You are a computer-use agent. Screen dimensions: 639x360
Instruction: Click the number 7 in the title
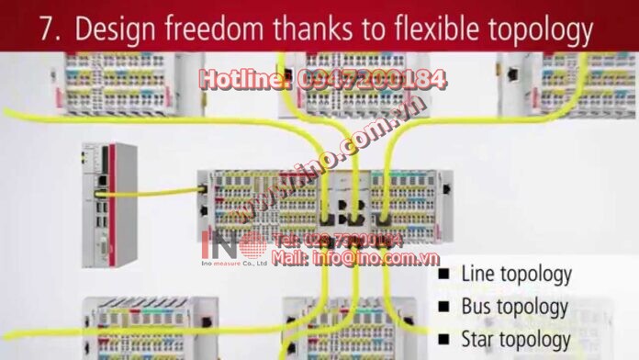(49, 30)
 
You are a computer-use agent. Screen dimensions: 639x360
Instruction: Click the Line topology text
(517, 274)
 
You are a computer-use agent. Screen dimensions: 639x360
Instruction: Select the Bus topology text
(515, 307)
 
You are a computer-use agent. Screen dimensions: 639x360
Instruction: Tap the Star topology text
(516, 340)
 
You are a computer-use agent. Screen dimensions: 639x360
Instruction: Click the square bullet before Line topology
(444, 274)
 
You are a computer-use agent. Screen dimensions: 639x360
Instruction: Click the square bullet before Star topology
(444, 340)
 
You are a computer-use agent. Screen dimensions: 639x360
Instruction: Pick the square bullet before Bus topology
(444, 307)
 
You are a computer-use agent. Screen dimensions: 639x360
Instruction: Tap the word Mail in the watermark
(289, 258)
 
